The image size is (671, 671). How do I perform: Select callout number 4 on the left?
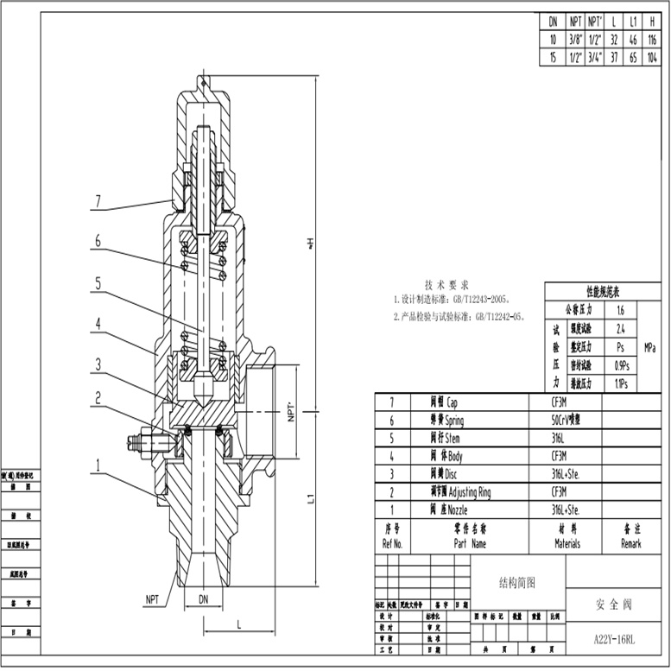click(x=98, y=324)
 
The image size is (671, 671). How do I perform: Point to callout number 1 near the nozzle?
click(x=98, y=465)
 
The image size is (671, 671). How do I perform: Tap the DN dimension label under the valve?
click(x=203, y=598)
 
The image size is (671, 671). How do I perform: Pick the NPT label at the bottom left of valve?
click(x=151, y=598)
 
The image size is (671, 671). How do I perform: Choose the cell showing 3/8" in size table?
click(x=574, y=40)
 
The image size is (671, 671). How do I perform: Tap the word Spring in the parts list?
click(x=454, y=421)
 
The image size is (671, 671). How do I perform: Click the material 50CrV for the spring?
click(x=566, y=421)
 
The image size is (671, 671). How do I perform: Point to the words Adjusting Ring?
click(x=478, y=492)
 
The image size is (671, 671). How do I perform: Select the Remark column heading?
click(x=630, y=544)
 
